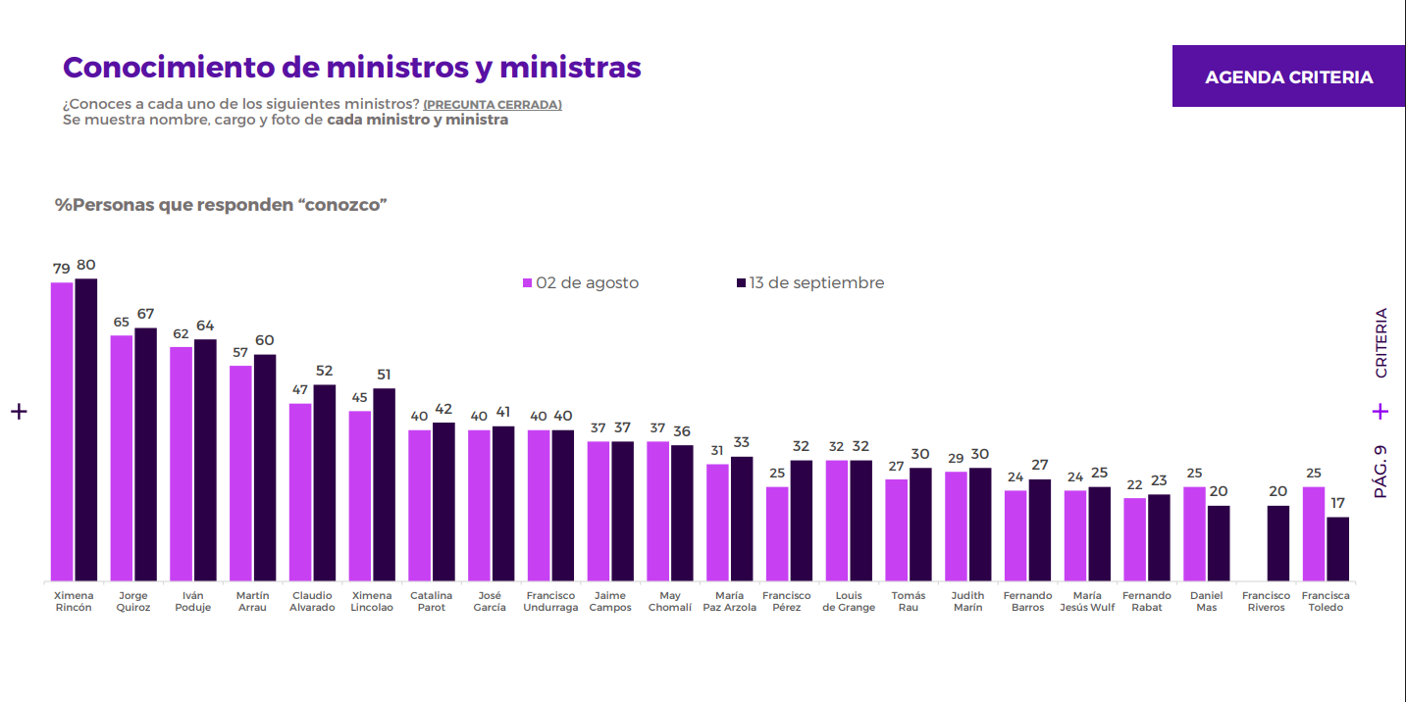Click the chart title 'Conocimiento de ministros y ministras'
point(351,68)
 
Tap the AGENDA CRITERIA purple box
point(1288,75)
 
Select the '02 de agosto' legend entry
point(581,283)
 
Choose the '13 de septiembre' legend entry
point(810,283)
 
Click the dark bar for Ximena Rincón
point(86,429)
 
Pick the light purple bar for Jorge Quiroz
point(121,458)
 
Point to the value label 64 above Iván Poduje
point(205,326)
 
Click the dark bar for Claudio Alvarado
point(325,482)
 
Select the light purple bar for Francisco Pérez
point(777,534)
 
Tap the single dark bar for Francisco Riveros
point(1277,543)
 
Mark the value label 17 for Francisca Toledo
point(1337,503)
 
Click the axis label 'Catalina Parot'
point(431,601)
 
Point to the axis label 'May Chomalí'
point(670,601)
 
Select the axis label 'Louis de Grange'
point(849,601)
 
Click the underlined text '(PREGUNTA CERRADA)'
point(493,105)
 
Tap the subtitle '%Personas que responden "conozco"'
point(221,205)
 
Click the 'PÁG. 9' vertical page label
point(1380,472)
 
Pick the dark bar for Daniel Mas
point(1219,543)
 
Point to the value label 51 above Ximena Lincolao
point(385,375)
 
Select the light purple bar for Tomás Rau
point(897,530)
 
